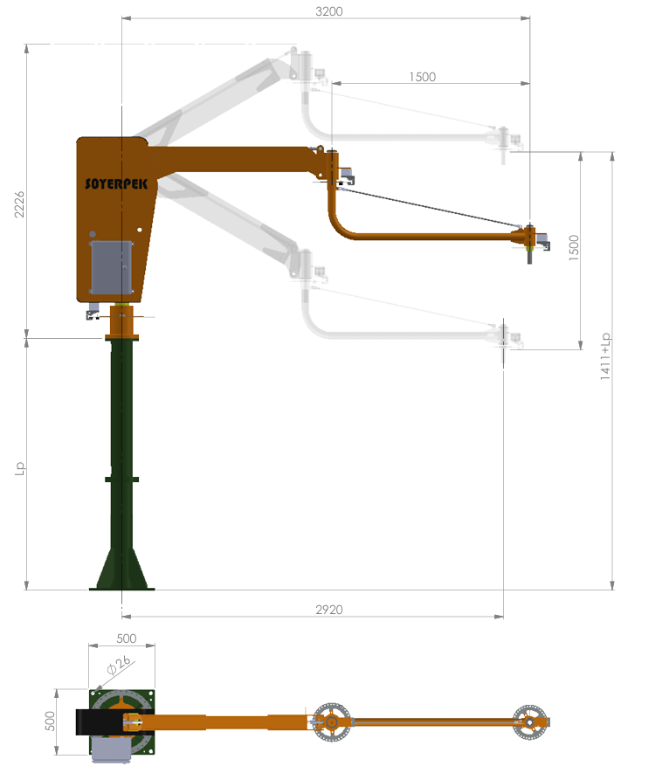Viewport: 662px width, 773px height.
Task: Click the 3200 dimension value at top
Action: pyautogui.click(x=328, y=11)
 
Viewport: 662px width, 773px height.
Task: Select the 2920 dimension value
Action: pyautogui.click(x=328, y=609)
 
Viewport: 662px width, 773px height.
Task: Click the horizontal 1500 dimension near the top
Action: pyautogui.click(x=422, y=77)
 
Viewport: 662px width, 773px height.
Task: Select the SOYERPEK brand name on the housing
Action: pyautogui.click(x=115, y=183)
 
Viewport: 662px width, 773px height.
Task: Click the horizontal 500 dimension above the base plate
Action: pyautogui.click(x=126, y=638)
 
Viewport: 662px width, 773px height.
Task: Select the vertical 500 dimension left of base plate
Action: pyautogui.click(x=50, y=721)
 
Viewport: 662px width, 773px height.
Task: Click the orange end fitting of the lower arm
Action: pyautogui.click(x=529, y=238)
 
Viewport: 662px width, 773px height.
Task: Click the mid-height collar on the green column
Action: pyautogui.click(x=121, y=479)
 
